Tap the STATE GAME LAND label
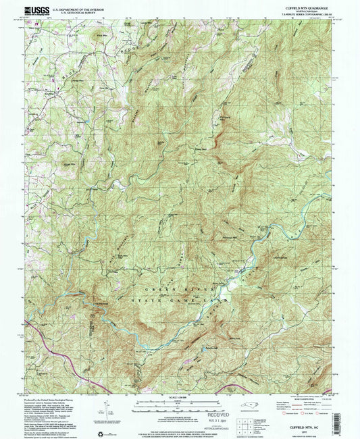click(174, 294)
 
